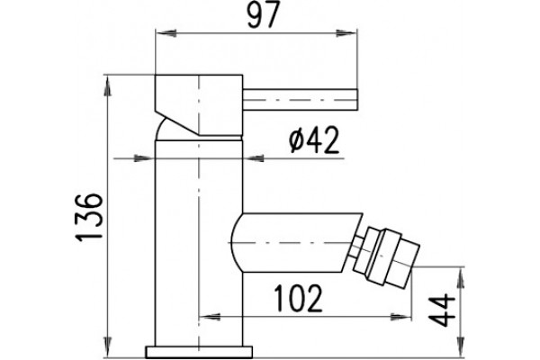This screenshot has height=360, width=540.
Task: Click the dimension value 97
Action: (263, 14)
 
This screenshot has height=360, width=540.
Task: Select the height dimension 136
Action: (89, 217)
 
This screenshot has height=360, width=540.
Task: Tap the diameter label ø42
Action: (314, 139)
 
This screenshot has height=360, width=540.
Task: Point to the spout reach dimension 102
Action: (298, 298)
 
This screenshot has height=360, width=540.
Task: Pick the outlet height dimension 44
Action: (443, 310)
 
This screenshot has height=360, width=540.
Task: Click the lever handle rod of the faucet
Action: (301, 100)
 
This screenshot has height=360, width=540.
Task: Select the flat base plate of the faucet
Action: (199, 352)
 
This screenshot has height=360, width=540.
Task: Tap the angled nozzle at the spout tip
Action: (387, 256)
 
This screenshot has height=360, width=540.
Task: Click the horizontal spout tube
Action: (296, 242)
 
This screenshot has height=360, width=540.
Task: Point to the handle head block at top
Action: (199, 104)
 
